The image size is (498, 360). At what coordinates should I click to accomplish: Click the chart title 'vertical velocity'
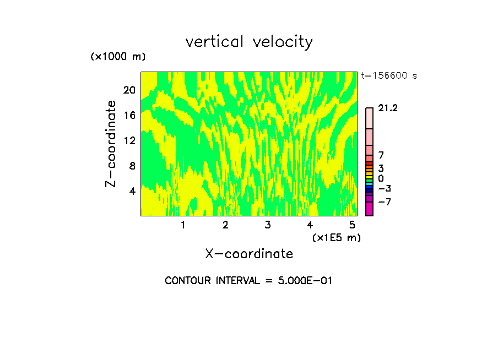point(249,42)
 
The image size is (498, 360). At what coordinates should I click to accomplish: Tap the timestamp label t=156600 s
point(388,76)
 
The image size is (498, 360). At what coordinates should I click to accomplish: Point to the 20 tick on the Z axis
point(129,90)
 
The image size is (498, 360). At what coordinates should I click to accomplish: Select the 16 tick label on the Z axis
point(129,115)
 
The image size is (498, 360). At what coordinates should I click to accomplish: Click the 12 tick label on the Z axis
point(129,140)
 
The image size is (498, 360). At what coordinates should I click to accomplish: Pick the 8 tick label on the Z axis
point(132,166)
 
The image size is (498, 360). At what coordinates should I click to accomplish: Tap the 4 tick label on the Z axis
point(132,191)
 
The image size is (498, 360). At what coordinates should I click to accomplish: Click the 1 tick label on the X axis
point(183,225)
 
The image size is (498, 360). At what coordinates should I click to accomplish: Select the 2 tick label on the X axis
point(225,225)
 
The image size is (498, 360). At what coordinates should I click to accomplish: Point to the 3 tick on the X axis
point(268,225)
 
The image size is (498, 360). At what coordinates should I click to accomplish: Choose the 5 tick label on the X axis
point(352,225)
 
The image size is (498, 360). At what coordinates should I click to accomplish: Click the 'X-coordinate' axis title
point(249,254)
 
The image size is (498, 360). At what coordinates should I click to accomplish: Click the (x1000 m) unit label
point(118,57)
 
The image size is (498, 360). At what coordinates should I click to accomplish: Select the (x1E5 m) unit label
point(336,237)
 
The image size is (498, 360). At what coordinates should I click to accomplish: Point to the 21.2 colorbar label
point(388,108)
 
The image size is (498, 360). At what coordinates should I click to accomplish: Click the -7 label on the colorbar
point(384,201)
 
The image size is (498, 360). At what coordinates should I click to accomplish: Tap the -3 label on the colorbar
point(384,189)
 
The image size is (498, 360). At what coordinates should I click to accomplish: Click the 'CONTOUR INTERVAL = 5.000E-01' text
point(248,281)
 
